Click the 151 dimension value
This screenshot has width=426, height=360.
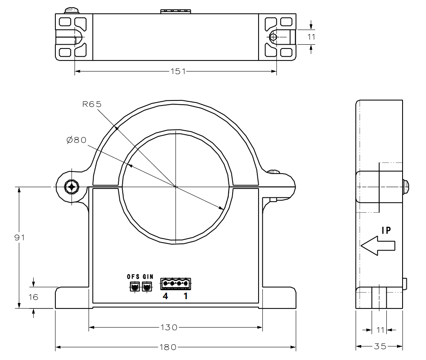tap(176, 71)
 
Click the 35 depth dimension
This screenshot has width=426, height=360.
tap(379, 346)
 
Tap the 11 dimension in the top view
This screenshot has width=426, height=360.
tap(311, 37)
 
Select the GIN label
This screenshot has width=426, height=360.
tap(147, 275)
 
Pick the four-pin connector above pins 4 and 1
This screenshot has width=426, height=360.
tap(176, 283)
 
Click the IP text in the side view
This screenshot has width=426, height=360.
tap(386, 230)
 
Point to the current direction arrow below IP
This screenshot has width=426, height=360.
tap(378, 246)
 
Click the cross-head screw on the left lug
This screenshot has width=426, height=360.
tap(71, 186)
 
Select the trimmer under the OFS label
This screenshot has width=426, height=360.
tap(135, 287)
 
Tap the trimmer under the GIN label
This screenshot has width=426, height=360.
tap(147, 287)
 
